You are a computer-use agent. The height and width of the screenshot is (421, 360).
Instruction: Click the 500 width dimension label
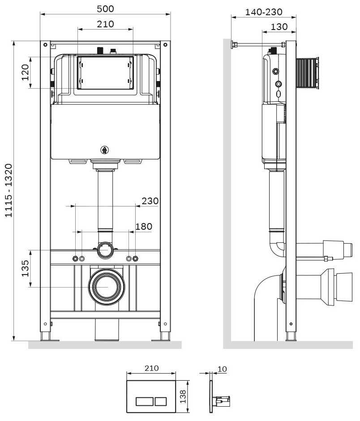click(106, 9)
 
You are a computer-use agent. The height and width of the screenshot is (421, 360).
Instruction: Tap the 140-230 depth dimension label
click(264, 12)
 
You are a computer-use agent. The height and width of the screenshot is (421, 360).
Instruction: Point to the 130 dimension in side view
click(279, 27)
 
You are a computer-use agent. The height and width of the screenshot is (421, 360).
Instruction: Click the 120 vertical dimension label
click(26, 72)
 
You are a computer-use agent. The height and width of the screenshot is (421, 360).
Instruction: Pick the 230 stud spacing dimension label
click(150, 201)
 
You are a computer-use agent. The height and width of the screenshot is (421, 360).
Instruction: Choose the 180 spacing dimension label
click(144, 227)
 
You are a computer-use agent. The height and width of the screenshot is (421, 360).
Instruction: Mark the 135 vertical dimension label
click(26, 268)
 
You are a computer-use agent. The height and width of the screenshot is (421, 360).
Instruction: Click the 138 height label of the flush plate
click(183, 396)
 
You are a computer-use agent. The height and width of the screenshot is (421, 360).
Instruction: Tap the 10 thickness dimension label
click(222, 369)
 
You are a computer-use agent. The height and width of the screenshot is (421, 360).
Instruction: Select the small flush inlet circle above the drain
click(105, 250)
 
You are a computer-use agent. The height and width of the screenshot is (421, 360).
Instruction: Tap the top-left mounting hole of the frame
click(46, 45)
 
